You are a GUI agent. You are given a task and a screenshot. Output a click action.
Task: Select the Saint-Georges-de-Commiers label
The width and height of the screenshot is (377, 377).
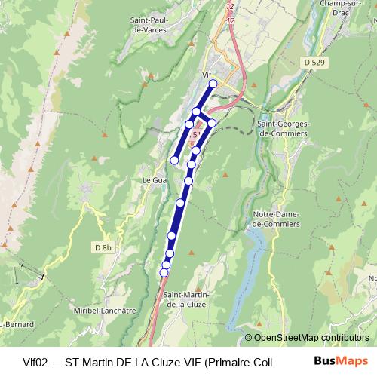pos(283,128)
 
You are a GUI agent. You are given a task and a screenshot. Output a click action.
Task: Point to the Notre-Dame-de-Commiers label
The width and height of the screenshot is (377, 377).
pos(276,219)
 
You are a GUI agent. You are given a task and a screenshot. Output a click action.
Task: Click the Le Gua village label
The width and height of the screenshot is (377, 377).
pos(154,181)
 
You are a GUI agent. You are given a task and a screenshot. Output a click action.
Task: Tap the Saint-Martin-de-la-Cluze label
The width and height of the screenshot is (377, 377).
pos(187,299)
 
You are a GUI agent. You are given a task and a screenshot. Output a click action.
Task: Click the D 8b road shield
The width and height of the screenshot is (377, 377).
pos(103,247)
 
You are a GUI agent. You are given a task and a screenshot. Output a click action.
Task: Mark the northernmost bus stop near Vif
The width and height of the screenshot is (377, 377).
pos(213,84)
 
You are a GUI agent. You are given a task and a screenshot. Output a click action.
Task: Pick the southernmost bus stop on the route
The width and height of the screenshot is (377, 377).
pos(164,272)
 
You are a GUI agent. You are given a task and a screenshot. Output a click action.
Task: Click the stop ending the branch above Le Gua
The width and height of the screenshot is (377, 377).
pos(174,160)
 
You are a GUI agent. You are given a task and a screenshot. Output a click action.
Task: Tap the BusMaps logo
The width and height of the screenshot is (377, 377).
pos(340,360)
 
